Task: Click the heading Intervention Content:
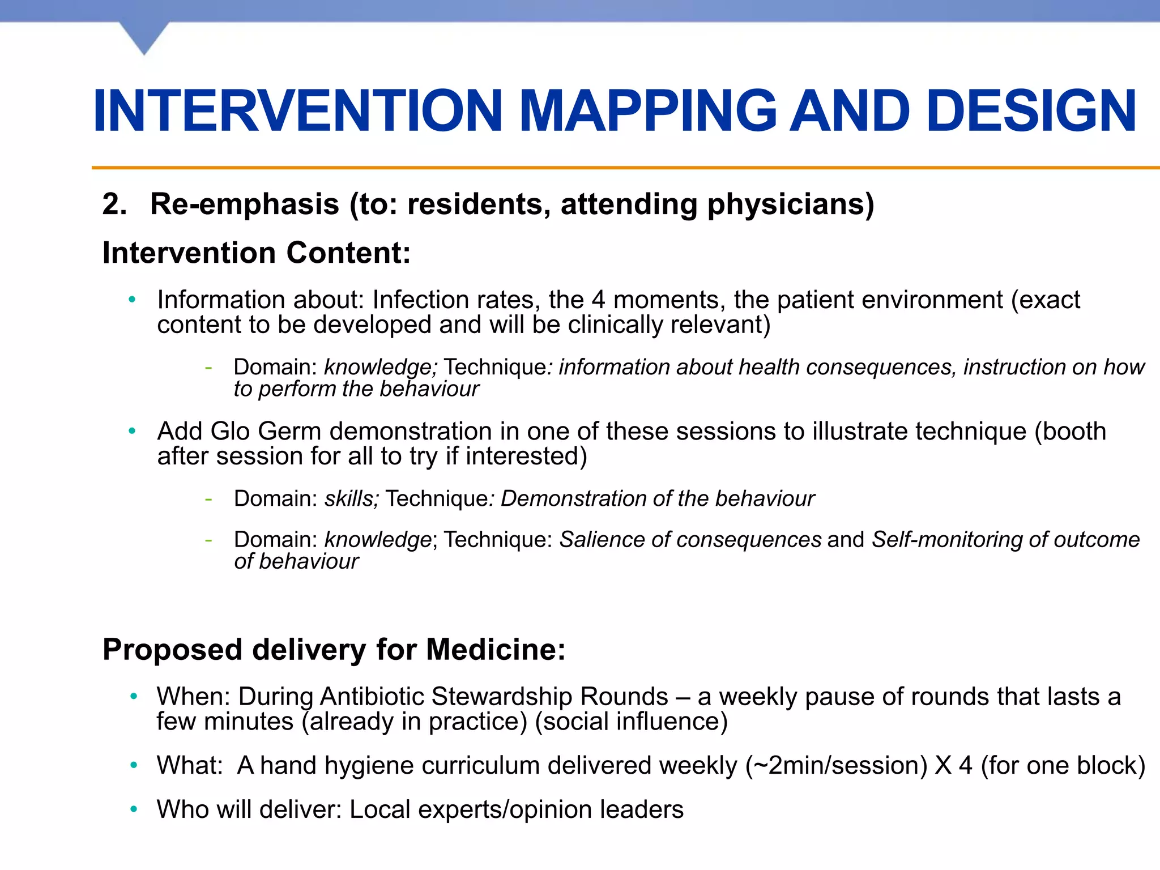coord(256,253)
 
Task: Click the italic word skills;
coord(351,499)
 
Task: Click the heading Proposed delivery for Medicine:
coord(334,650)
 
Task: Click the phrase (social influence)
coord(631,722)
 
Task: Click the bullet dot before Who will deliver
coord(134,809)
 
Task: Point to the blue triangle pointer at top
coord(144,37)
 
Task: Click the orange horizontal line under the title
coord(623,168)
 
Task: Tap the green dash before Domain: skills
coord(208,499)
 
